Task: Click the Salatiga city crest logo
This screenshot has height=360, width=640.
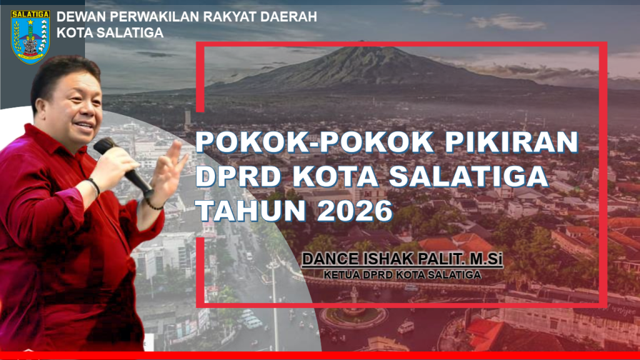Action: [x=31, y=37]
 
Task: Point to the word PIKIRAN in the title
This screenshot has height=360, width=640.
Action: [x=511, y=142]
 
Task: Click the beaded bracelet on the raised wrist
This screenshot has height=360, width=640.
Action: [x=154, y=204]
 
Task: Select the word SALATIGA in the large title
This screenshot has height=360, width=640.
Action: [x=469, y=176]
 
